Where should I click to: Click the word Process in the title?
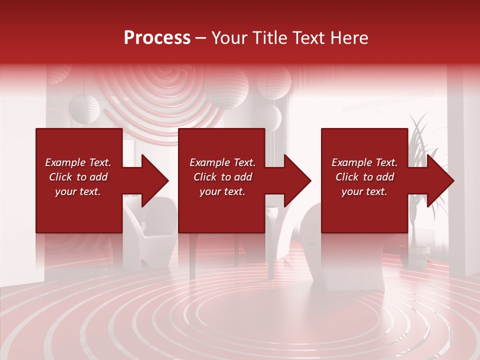[x=157, y=37]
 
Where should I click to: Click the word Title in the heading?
[x=266, y=37]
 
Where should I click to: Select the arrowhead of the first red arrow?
[x=155, y=180]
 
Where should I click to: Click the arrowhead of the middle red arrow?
[x=297, y=180]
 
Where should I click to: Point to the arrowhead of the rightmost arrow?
[x=440, y=180]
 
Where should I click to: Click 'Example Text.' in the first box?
[x=78, y=162]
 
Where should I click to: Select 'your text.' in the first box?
[x=78, y=191]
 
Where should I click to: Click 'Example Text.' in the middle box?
[x=222, y=162]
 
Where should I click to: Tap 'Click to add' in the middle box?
[x=222, y=177]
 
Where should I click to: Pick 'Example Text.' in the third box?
[x=364, y=162]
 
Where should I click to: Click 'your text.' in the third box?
[x=364, y=191]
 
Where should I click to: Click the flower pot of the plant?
[x=414, y=255]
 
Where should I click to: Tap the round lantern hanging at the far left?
[x=84, y=108]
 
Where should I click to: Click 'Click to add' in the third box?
[x=364, y=177]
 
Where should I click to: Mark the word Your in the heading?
[x=229, y=37]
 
